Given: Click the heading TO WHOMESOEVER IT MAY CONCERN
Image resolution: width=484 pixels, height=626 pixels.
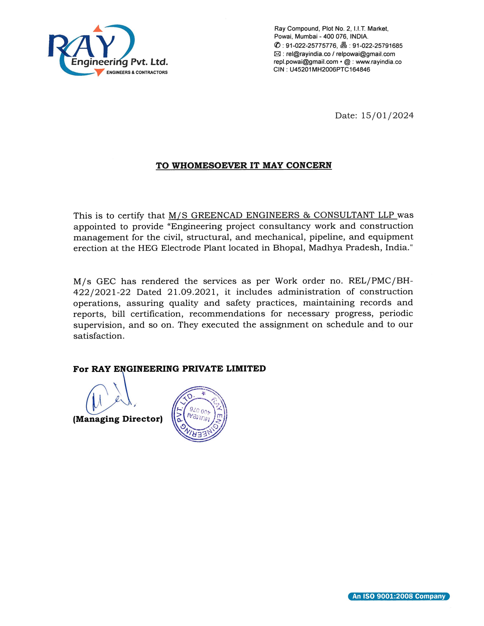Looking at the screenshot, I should tap(244, 166).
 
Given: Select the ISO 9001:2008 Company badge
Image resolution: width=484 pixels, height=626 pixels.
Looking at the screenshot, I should tap(399, 596).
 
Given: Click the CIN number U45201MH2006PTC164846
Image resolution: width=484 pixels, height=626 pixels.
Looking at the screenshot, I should tap(330, 70).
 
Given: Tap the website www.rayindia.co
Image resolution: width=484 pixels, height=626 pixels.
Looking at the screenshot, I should tap(378, 62).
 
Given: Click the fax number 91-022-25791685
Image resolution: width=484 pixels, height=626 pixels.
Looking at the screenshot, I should tap(377, 46).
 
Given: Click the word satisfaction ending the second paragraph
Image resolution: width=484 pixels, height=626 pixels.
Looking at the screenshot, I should tap(99, 336).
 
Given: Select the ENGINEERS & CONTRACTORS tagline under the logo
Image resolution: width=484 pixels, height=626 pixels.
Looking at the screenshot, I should tap(137, 72).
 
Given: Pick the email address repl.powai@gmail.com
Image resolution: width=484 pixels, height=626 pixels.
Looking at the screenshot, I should tap(306, 62).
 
